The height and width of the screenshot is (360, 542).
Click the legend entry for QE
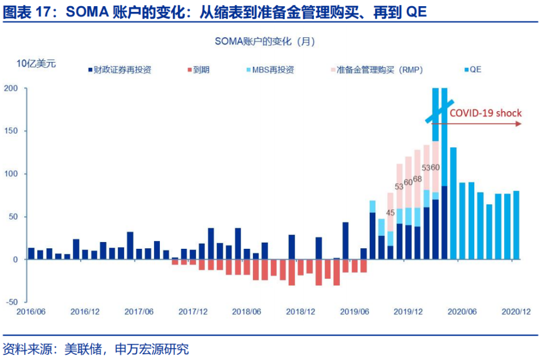coord(473,70)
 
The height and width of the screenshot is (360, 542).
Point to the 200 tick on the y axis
coord(11,89)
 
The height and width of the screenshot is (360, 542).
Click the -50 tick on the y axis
coord(11,302)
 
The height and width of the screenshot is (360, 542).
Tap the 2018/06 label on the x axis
coord(246,312)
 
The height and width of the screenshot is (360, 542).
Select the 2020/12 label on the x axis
coord(516,312)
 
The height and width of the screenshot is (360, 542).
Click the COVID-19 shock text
coord(485,113)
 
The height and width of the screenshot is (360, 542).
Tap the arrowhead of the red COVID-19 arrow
coord(518,123)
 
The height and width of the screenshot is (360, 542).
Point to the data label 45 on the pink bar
coord(390,213)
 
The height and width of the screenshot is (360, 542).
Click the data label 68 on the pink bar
coord(417,179)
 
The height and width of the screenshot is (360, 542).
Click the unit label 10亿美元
coord(36,63)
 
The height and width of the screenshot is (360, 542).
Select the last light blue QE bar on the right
coord(516,225)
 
